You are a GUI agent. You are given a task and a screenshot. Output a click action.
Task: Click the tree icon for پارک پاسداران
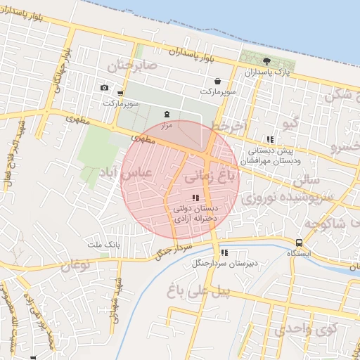point(266,61)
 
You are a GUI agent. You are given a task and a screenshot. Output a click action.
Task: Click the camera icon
point(104,87)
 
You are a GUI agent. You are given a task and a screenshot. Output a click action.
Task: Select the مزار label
point(167,124)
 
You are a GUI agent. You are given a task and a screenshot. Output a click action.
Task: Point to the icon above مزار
point(167,113)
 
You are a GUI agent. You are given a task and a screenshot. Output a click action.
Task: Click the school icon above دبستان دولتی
point(195,198)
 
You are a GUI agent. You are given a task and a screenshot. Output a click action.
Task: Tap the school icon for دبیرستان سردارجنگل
point(224,252)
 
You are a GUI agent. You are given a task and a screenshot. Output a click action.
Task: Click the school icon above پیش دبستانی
point(270,139)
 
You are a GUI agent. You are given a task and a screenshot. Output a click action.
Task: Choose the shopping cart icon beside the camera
point(121,93)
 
